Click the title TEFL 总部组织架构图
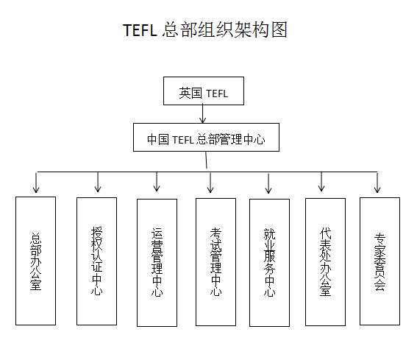point(205,29)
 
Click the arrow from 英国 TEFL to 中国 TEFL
point(203,113)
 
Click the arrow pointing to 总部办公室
point(36,183)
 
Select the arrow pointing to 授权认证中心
point(98,182)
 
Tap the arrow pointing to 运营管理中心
point(157,182)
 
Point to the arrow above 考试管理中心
point(210,183)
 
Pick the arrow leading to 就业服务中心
point(268,183)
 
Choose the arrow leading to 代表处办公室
point(321,182)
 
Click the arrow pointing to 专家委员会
point(377,183)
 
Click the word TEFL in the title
point(140,30)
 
